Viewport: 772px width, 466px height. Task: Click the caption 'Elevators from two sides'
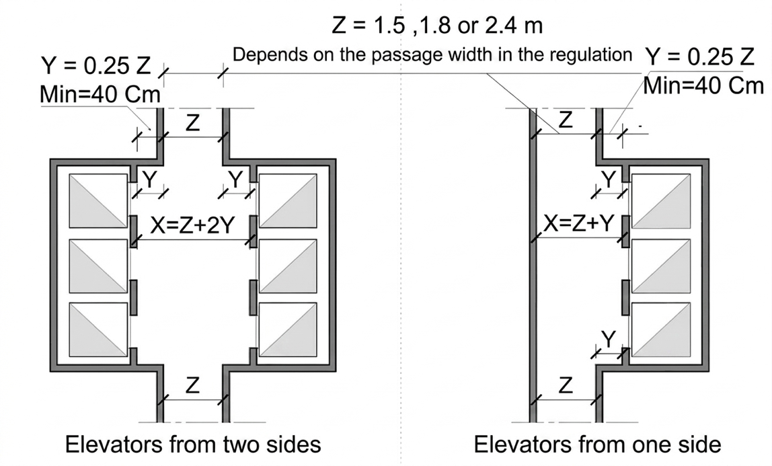pyautogui.click(x=193, y=444)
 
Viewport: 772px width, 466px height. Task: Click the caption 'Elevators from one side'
pyautogui.click(x=597, y=444)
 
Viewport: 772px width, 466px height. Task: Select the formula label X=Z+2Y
pyautogui.click(x=192, y=225)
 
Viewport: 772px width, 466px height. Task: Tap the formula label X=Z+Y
pyautogui.click(x=579, y=223)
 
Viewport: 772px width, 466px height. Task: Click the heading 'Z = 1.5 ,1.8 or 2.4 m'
pyautogui.click(x=437, y=25)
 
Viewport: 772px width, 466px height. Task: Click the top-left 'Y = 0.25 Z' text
pyautogui.click(x=96, y=65)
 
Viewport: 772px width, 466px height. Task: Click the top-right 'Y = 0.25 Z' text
pyautogui.click(x=699, y=56)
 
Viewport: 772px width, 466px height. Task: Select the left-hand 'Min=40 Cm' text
pyautogui.click(x=100, y=94)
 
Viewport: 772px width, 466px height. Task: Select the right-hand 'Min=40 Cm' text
pyautogui.click(x=703, y=85)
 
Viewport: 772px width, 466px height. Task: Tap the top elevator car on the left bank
pyautogui.click(x=98, y=201)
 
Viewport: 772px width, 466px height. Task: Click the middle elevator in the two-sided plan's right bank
pyautogui.click(x=288, y=266)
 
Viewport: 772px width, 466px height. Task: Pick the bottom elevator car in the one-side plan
pyautogui.click(x=661, y=329)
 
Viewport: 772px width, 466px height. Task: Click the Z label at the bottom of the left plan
pyautogui.click(x=192, y=385)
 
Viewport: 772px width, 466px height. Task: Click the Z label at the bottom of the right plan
pyautogui.click(x=566, y=385)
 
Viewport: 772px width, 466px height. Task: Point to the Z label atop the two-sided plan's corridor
pyautogui.click(x=192, y=122)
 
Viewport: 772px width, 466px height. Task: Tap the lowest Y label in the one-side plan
pyautogui.click(x=609, y=339)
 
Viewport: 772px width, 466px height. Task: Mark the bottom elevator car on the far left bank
pyautogui.click(x=98, y=329)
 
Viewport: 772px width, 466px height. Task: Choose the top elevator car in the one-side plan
pyautogui.click(x=661, y=201)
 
